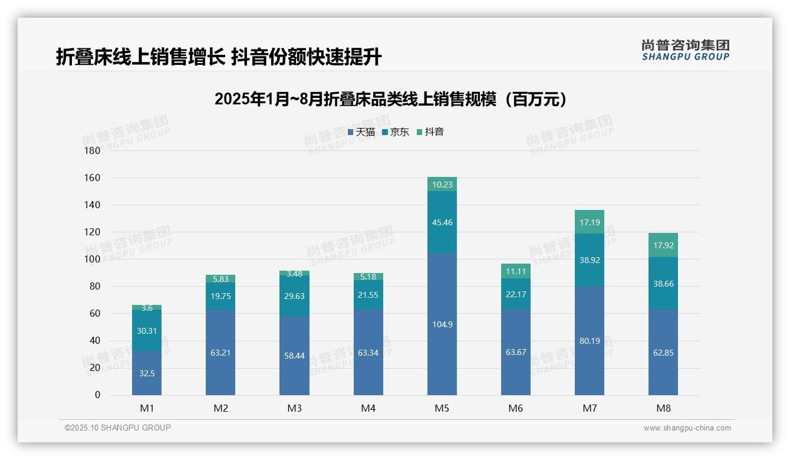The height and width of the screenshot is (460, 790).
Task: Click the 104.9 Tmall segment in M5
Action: [442, 324]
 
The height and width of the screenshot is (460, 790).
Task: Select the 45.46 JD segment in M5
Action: [442, 222]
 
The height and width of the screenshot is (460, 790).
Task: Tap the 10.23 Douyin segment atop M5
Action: [442, 185]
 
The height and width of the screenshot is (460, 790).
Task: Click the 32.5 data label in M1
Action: [147, 373]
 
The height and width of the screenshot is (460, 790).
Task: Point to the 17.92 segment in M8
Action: [663, 245]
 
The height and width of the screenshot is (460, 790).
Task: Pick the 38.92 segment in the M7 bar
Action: [589, 260]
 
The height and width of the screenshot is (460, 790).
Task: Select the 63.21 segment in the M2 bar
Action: [220, 353]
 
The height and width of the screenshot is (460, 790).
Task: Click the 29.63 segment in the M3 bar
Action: [294, 296]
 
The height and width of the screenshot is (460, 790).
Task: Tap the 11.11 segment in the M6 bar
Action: [515, 271]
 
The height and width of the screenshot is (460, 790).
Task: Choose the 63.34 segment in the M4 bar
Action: [368, 353]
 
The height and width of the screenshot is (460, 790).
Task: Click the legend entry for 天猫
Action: [361, 132]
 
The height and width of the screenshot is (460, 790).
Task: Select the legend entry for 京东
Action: [396, 132]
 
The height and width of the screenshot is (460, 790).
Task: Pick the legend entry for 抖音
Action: [430, 132]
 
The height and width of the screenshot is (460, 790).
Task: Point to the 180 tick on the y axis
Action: [93, 150]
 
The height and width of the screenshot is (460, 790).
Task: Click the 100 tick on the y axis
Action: [93, 259]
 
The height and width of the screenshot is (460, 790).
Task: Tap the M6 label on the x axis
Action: [515, 408]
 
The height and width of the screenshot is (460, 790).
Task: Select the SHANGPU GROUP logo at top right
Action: [685, 50]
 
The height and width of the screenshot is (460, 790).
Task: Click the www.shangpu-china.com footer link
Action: [687, 428]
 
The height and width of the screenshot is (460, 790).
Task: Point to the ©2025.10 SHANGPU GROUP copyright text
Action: [118, 428]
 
